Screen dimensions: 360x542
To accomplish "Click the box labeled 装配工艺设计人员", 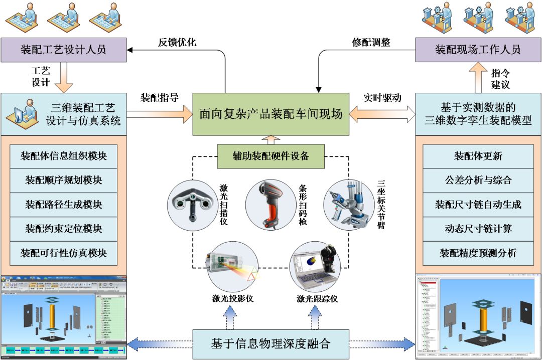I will [63, 50].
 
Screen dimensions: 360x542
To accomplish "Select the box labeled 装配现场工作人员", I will [477, 50].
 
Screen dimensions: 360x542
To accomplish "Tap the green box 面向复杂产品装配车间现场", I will [271, 114].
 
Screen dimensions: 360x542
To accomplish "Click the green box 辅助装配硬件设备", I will [270, 156].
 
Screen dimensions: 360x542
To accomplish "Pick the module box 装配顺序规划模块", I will [63, 180].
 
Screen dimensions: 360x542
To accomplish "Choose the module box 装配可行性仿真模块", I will [63, 253].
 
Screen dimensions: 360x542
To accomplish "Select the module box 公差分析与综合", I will [478, 180].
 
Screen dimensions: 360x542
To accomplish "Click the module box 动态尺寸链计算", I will [478, 229].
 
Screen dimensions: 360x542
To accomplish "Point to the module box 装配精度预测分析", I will [478, 253].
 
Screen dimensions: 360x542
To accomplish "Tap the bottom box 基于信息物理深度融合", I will [271, 344].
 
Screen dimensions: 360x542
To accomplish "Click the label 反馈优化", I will [177, 42].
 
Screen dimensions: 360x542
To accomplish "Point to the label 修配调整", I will [371, 42].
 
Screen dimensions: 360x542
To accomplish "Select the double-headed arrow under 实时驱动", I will [382, 114].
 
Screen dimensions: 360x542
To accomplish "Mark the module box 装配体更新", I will [478, 156].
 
